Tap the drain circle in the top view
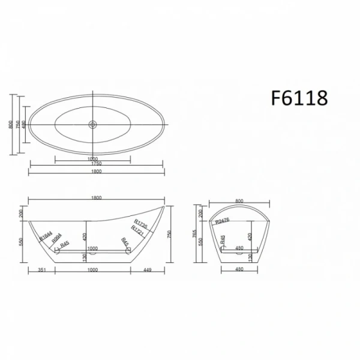(x=94, y=125)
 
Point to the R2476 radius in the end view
(x=224, y=221)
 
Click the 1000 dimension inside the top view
(x=92, y=159)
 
